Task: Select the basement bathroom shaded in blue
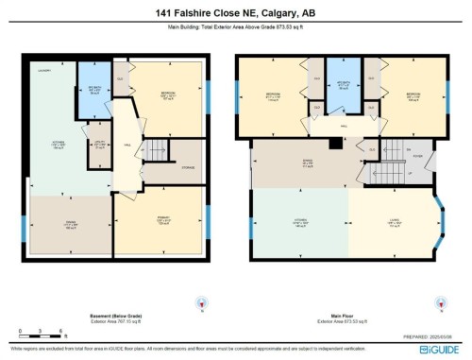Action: point(93,93)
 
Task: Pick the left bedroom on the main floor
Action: point(275,96)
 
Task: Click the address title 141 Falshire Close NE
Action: point(236,13)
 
